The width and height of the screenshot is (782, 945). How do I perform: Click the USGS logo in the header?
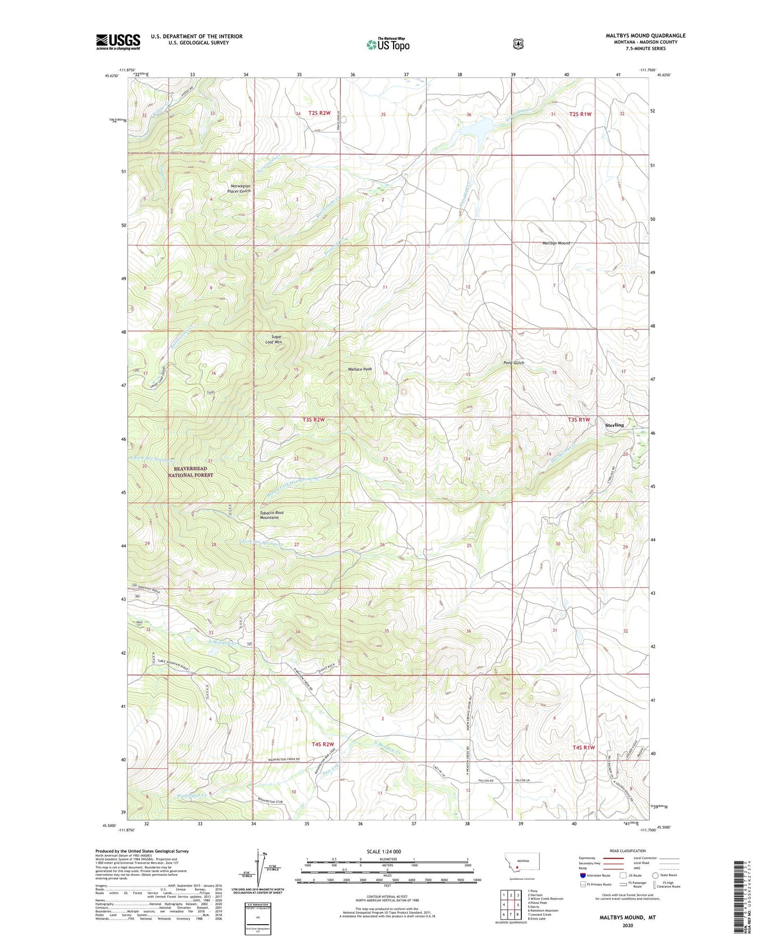(118, 42)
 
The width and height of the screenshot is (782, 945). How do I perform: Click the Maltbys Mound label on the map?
(556, 243)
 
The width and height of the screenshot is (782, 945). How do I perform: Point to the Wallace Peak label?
(360, 369)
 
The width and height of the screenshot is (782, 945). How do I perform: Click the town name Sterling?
(614, 425)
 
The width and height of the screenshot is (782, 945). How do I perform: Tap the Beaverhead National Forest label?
(190, 472)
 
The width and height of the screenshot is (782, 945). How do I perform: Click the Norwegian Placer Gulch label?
(239, 189)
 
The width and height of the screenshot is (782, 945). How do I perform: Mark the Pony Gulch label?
(514, 362)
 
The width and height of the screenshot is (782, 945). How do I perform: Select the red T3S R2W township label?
(313, 420)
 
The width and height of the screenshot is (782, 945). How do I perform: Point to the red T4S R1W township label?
(583, 747)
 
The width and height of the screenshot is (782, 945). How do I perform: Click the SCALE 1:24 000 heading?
(387, 851)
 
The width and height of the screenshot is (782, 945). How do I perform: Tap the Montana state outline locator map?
(522, 865)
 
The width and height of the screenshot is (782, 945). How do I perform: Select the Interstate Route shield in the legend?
(583, 875)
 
